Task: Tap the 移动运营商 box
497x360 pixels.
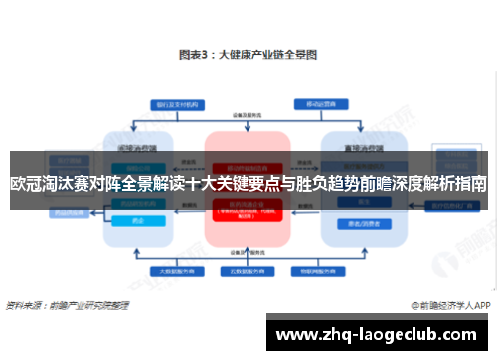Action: tap(319, 103)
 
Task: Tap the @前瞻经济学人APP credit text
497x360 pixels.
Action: tap(452, 306)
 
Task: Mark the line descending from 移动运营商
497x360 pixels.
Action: tap(319, 117)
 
